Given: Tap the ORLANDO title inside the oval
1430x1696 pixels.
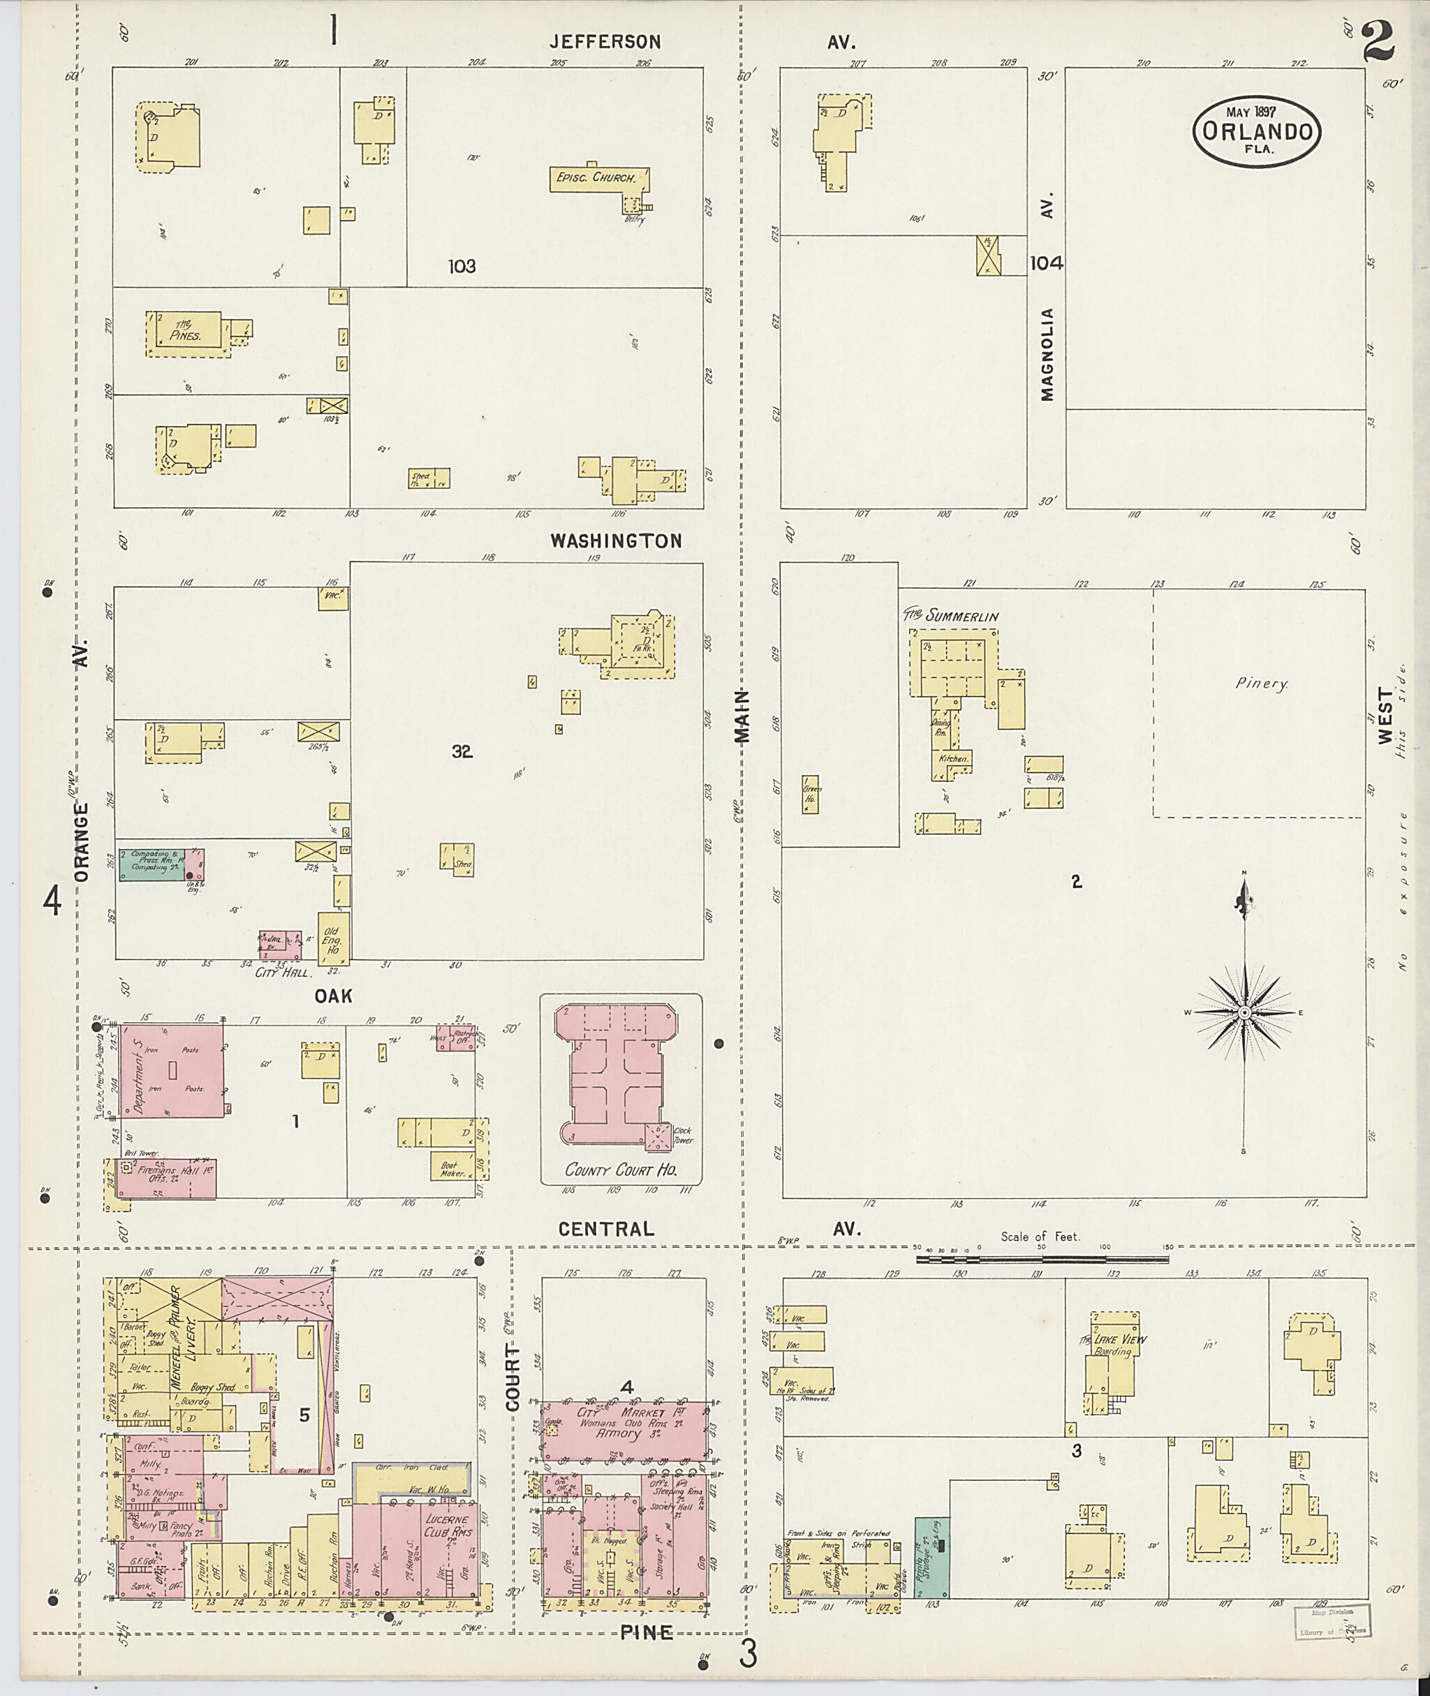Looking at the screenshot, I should [1257, 131].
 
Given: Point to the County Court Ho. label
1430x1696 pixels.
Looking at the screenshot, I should [621, 1170].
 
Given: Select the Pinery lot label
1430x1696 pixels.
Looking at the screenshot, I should [1262, 684].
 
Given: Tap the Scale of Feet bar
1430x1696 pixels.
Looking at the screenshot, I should [1042, 1259].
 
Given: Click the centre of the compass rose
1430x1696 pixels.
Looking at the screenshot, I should [1244, 1012].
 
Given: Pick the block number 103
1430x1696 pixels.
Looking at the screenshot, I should [462, 266].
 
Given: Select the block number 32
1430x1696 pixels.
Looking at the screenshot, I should [462, 751].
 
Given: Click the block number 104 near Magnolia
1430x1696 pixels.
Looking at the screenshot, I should [1047, 263].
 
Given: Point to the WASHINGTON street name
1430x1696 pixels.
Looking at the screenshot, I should [616, 540].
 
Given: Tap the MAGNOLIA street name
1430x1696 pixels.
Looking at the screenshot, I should [1048, 353].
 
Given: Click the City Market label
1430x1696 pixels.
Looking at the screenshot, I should [621, 1413].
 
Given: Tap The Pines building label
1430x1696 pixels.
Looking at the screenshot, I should [186, 331].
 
